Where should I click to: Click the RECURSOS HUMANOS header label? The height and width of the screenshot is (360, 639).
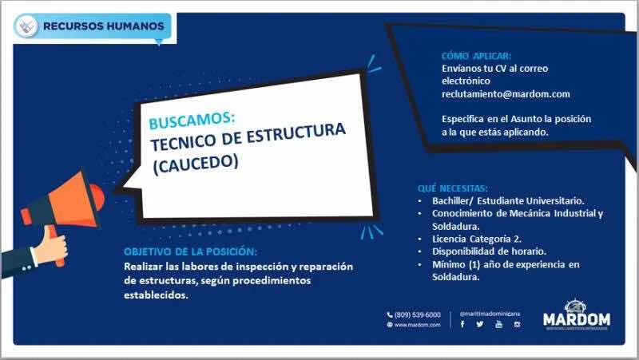pos(104,26)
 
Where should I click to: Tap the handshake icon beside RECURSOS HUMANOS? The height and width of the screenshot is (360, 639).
pos(26,26)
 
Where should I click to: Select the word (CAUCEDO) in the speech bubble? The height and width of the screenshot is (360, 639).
pos(196,164)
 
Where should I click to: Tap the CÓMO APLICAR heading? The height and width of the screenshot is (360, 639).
pos(476,56)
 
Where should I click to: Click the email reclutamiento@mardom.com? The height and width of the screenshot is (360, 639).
pos(506,93)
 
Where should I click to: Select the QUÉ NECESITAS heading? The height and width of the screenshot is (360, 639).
pos(452,188)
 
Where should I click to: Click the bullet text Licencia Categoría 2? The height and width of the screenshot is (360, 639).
pos(477,239)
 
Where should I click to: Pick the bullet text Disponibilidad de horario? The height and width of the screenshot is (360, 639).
pos(489,251)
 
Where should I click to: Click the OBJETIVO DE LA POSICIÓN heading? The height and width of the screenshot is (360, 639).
pos(190,251)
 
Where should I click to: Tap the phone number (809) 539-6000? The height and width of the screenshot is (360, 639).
pos(417,315)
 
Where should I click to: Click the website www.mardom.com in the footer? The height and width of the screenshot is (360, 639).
pos(417,325)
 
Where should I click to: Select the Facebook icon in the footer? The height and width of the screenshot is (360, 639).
pos(462,324)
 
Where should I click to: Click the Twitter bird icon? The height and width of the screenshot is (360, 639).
pos(480,324)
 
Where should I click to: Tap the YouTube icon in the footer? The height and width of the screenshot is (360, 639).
pos(498,324)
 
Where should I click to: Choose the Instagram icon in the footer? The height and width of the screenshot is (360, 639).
pos(517,325)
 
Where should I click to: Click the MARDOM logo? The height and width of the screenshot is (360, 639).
pos(577,315)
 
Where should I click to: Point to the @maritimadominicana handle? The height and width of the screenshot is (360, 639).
pos(490,314)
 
